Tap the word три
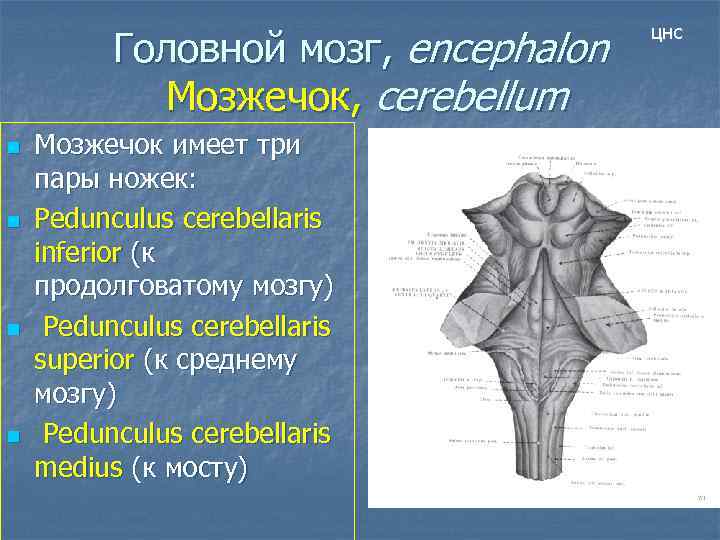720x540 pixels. click(x=276, y=146)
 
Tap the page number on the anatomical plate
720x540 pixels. click(x=701, y=497)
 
